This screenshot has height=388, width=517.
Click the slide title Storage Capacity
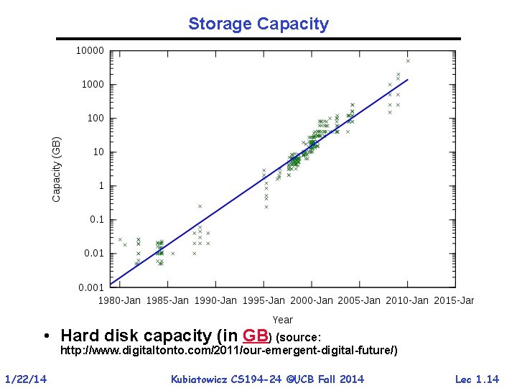(x=258, y=24)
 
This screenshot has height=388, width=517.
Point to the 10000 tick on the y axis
(x=90, y=51)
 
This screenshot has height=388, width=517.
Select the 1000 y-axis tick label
(x=93, y=85)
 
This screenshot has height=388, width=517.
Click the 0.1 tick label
(x=96, y=220)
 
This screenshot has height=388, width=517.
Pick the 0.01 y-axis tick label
(x=94, y=254)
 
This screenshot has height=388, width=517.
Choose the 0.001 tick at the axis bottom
(x=91, y=287)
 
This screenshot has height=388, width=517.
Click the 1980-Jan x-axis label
(x=120, y=300)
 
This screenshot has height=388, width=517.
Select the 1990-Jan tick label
(x=215, y=300)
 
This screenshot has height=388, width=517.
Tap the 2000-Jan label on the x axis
(x=311, y=300)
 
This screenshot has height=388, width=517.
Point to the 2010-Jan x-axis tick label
(x=406, y=300)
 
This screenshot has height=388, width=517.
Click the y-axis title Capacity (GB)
(x=57, y=170)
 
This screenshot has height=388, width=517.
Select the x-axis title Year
(x=282, y=320)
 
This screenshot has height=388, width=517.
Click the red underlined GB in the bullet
(x=256, y=336)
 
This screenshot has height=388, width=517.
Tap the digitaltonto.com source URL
(x=228, y=351)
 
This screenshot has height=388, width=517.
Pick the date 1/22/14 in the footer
(x=26, y=379)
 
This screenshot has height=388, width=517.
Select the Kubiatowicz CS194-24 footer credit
(x=267, y=379)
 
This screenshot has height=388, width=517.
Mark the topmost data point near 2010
(x=408, y=60)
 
